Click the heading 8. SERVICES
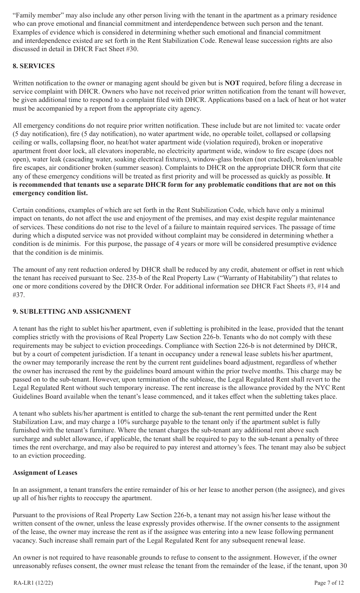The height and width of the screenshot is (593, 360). [x=34, y=66]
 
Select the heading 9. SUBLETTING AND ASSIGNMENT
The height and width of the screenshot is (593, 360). [x=72, y=311]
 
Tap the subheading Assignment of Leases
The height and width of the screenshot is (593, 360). [x=45, y=473]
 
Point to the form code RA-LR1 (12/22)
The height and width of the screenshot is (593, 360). [x=33, y=583]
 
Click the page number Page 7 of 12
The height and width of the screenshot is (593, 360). [x=329, y=583]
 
